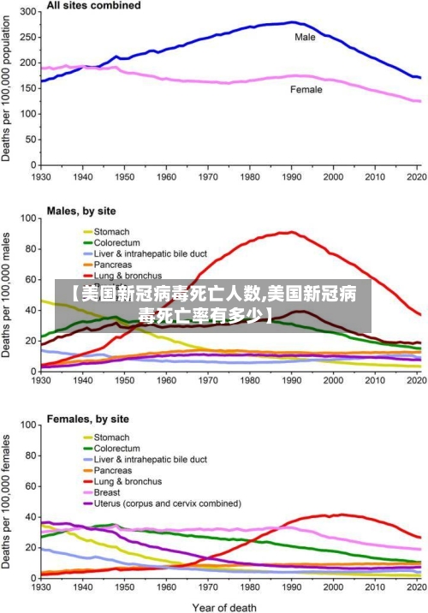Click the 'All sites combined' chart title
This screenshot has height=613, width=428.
(94, 6)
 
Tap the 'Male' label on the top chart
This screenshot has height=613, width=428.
(305, 37)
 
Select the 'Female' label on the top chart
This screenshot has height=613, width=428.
(306, 90)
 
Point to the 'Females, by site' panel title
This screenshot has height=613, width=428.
(88, 420)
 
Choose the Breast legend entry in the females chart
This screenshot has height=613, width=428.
(107, 492)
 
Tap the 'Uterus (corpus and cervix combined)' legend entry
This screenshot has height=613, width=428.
(167, 503)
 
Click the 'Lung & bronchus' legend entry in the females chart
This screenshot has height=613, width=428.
(128, 481)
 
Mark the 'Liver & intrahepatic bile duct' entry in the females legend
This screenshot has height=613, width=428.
(150, 460)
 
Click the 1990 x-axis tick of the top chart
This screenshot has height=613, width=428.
(292, 177)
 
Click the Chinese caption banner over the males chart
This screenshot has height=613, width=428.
(214, 306)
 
